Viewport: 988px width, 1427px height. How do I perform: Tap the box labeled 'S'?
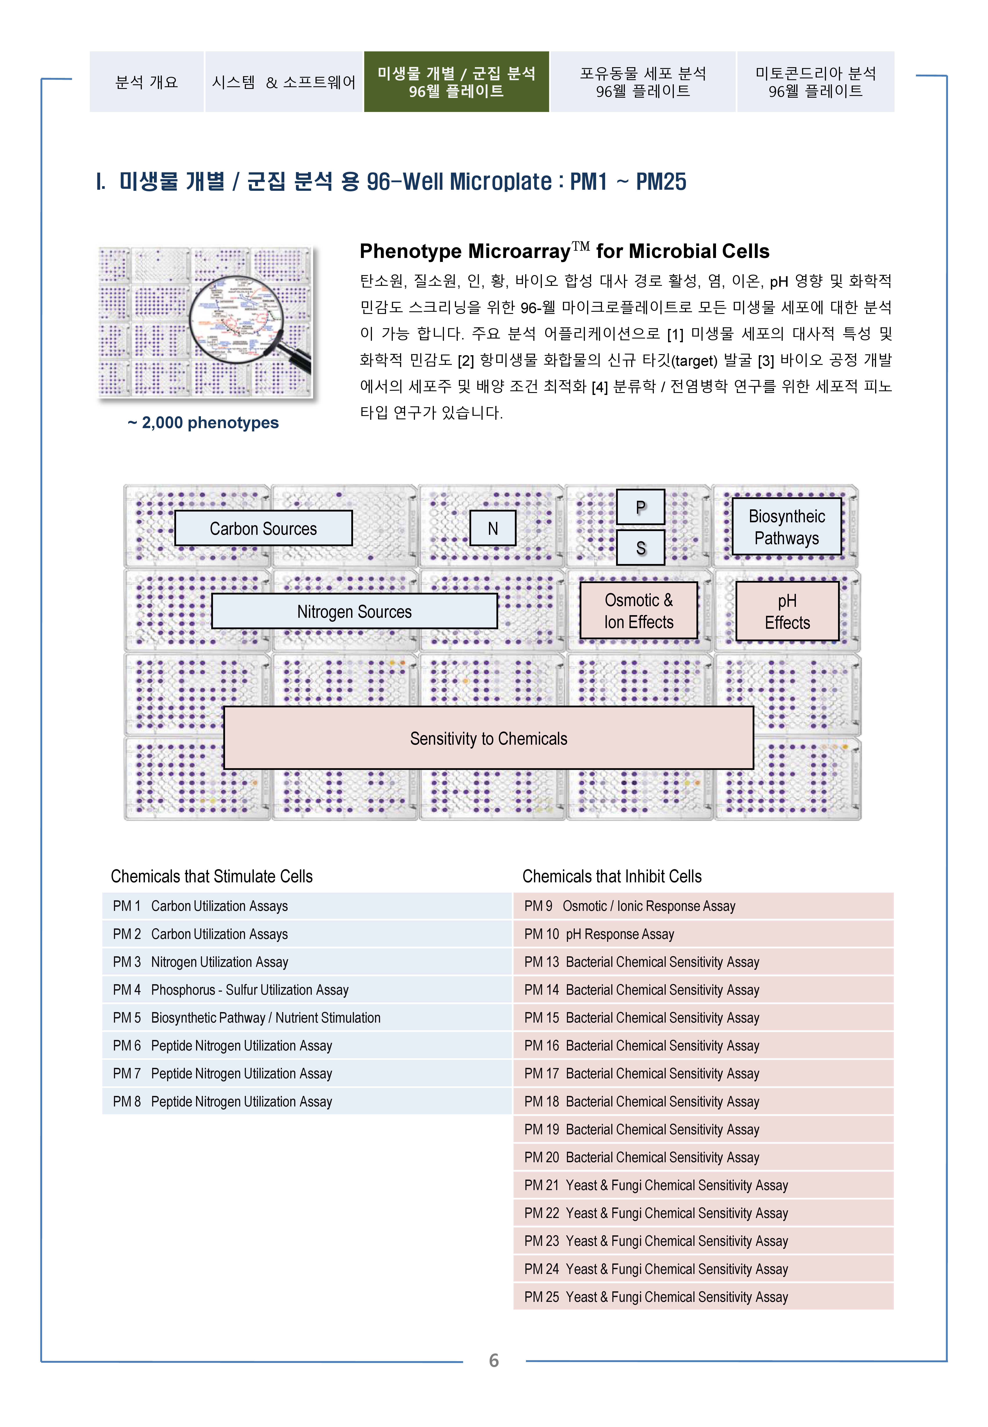tap(641, 548)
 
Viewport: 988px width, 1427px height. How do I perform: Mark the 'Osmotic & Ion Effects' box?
tap(638, 611)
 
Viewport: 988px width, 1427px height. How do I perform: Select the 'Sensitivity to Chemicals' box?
tap(489, 738)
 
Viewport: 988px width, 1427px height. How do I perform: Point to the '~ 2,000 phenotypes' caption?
tap(203, 423)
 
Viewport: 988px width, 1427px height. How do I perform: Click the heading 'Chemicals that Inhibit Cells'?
tap(612, 876)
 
